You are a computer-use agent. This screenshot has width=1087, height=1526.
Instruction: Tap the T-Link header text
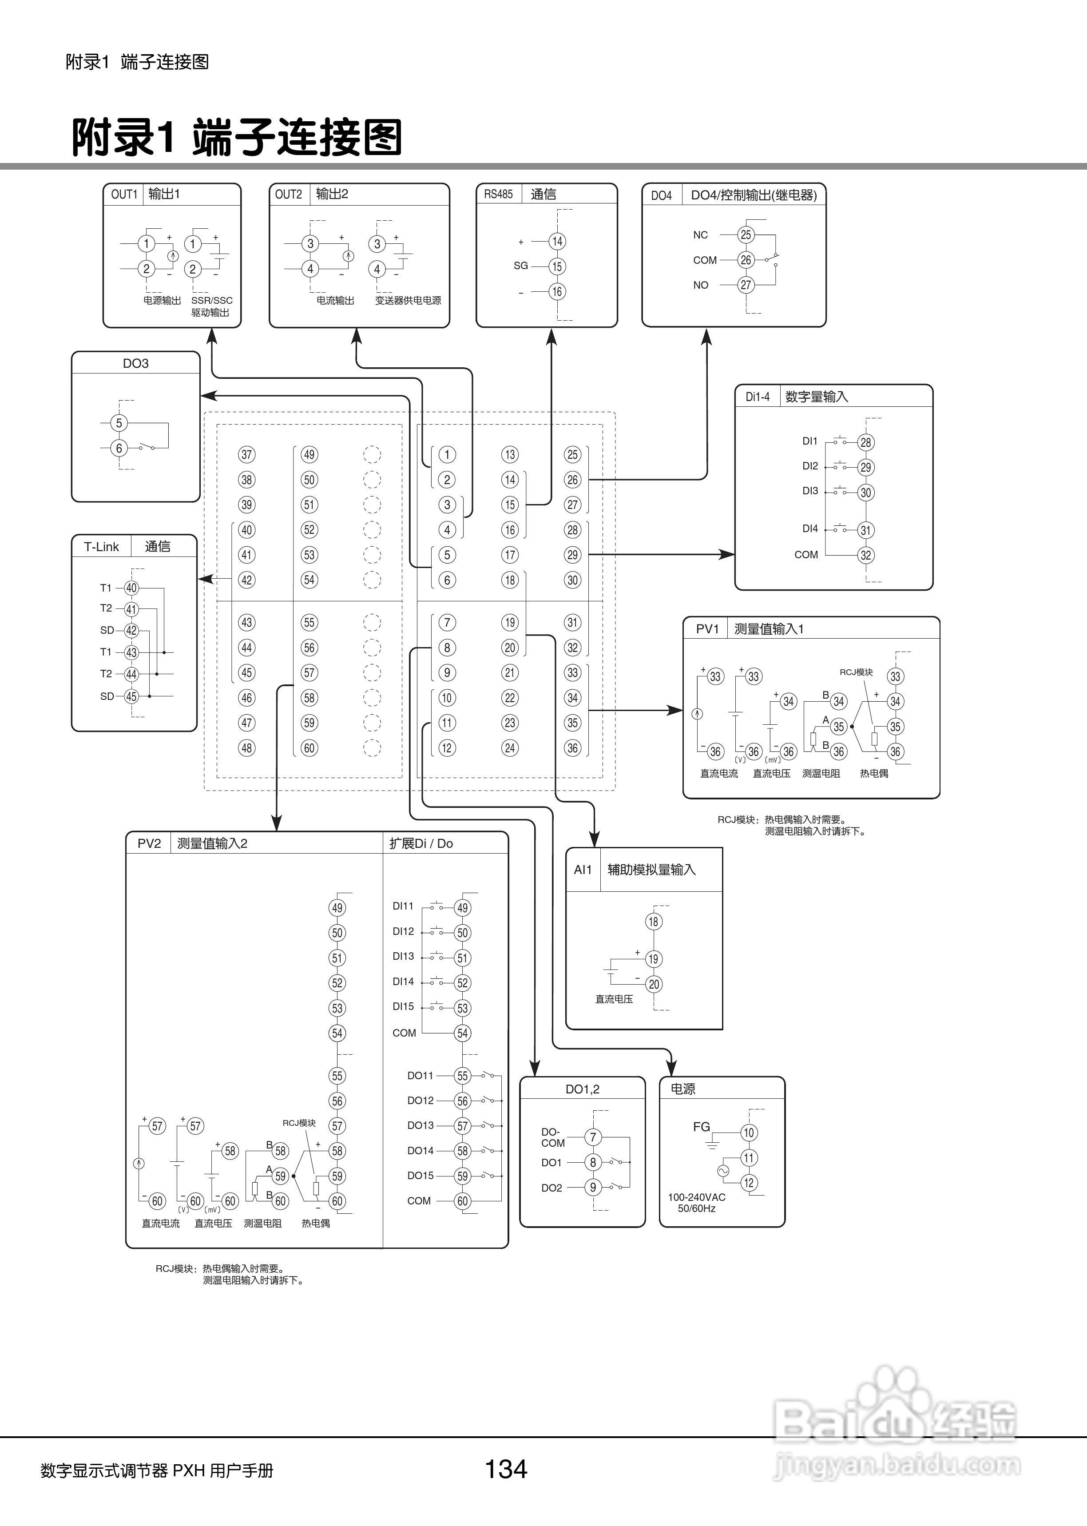tap(101, 547)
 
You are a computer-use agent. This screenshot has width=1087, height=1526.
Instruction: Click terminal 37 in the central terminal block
tap(247, 454)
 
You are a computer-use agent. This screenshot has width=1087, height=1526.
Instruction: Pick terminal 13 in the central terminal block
tap(510, 454)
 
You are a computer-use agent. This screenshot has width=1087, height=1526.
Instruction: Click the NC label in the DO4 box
tap(700, 235)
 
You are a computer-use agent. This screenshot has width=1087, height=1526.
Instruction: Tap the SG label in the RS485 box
tap(521, 266)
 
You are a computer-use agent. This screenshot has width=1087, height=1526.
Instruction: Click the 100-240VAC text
tap(696, 1197)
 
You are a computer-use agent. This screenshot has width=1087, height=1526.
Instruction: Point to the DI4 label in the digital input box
tap(810, 529)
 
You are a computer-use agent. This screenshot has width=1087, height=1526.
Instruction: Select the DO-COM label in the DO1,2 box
tap(552, 1137)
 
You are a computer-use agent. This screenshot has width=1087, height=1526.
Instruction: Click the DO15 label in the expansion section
tap(421, 1175)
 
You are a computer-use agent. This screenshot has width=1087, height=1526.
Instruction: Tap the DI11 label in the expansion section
tap(403, 906)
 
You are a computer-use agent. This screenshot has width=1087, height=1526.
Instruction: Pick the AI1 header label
tap(583, 870)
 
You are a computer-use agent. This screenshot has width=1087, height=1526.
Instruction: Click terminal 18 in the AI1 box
tap(653, 922)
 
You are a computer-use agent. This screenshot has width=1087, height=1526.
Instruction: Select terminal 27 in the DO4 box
tap(746, 285)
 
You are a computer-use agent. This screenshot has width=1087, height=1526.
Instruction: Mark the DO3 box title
tap(135, 363)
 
